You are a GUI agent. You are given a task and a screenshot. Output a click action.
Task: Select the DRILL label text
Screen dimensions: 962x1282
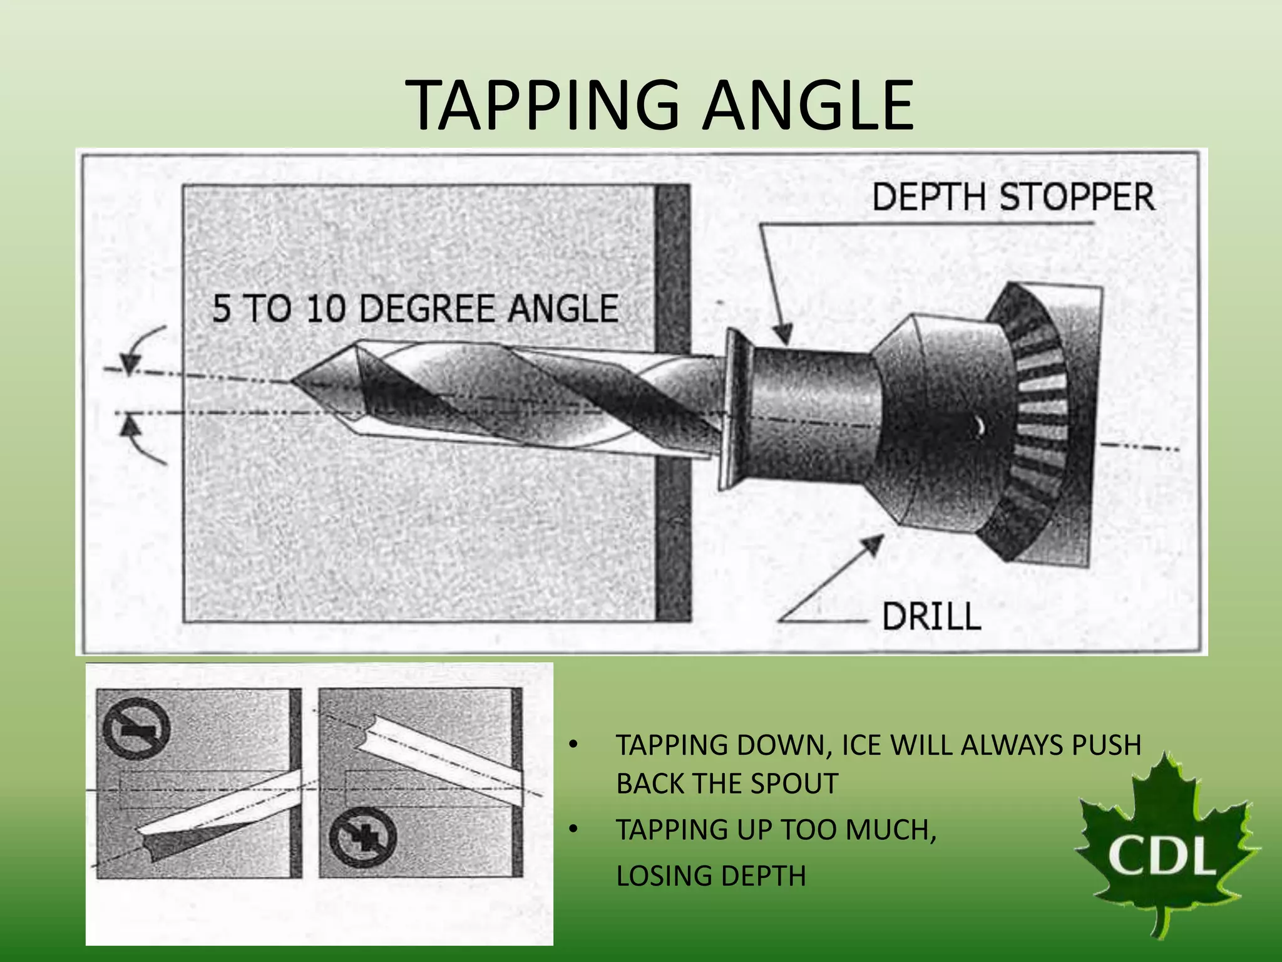click(931, 616)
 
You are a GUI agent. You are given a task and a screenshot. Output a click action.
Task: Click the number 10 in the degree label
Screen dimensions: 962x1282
click(326, 309)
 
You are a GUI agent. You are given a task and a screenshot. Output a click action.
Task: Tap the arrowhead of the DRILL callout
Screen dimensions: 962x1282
click(873, 545)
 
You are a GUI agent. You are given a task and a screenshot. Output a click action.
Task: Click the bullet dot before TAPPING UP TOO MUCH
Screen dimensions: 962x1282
click(572, 830)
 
